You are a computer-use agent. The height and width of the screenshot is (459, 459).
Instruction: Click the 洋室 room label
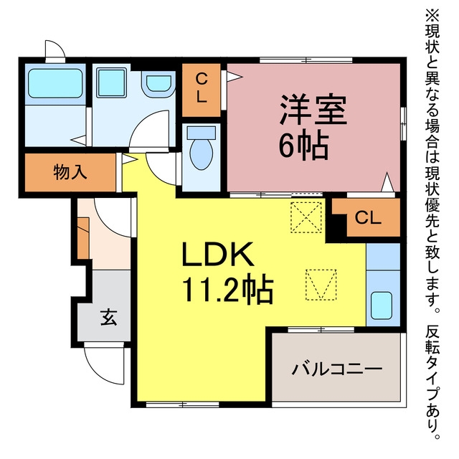313,109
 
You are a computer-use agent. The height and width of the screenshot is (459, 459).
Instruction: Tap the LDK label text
218,254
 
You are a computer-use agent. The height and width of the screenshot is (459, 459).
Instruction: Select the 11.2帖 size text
227,288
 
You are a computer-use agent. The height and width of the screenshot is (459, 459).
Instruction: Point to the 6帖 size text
303,146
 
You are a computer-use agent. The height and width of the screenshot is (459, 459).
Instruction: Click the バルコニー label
336,369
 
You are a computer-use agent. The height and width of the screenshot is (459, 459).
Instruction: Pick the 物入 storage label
70,172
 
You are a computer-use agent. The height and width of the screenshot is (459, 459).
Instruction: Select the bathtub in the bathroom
55,83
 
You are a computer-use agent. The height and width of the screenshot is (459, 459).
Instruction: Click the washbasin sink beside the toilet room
158,83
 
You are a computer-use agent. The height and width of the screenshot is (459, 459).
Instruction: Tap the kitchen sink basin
382,306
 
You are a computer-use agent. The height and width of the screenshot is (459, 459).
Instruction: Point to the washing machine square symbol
112,82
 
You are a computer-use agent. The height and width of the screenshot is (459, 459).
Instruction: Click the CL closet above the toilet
201,90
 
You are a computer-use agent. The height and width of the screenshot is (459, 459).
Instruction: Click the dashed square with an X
306,217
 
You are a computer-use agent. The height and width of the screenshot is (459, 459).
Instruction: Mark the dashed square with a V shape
321,285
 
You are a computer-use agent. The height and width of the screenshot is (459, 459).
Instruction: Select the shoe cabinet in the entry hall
83,238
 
